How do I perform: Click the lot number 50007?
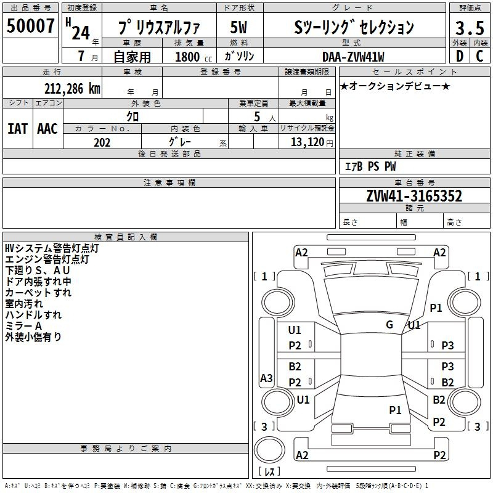pyautogui.click(x=30, y=25)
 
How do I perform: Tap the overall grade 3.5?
pyautogui.click(x=470, y=28)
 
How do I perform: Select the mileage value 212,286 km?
pyautogui.click(x=72, y=89)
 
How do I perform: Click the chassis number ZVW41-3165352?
pyautogui.click(x=414, y=196)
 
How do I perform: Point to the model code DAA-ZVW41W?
pyautogui.click(x=353, y=57)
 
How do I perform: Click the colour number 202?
pyautogui.click(x=102, y=142)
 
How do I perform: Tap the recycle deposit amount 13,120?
pyautogui.click(x=308, y=142)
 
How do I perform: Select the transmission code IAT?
pyautogui.click(x=18, y=129)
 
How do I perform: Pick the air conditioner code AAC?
pyautogui.click(x=47, y=129)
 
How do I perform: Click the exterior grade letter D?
pyautogui.click(x=460, y=56)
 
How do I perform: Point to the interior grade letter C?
pyautogui.click(x=479, y=56)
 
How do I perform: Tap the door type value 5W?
pyautogui.click(x=238, y=27)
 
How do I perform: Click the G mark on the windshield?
pyautogui.click(x=389, y=325)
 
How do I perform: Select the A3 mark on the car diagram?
pyautogui.click(x=266, y=378)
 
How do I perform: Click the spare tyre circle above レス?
pyautogui.click(x=269, y=450)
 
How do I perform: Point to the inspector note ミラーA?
pyautogui.click(x=23, y=326)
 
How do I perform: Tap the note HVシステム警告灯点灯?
pyautogui.click(x=52, y=248)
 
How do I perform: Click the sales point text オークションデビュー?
pyautogui.click(x=395, y=86)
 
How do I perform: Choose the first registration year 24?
pyautogui.click(x=81, y=33)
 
